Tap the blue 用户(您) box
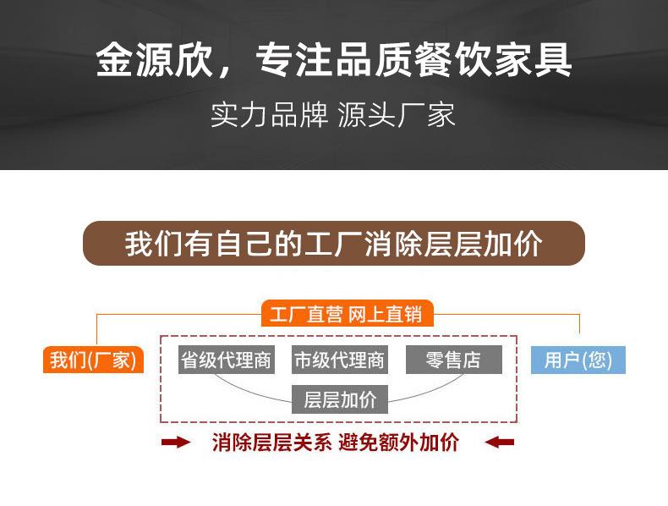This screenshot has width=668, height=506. point(578,360)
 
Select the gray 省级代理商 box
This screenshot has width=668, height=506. point(226,360)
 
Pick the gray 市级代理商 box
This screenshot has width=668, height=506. point(339,360)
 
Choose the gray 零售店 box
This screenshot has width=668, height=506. point(453,360)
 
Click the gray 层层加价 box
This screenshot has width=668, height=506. point(339,399)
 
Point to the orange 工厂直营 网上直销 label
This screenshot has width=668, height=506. point(346,315)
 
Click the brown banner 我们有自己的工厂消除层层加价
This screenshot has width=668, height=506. point(334,244)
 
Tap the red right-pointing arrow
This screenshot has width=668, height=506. point(176,442)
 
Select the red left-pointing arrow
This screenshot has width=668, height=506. point(499,442)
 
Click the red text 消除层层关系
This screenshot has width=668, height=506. point(271,443)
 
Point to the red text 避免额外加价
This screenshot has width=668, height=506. point(398,443)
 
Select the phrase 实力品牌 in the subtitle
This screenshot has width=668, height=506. point(269,116)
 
